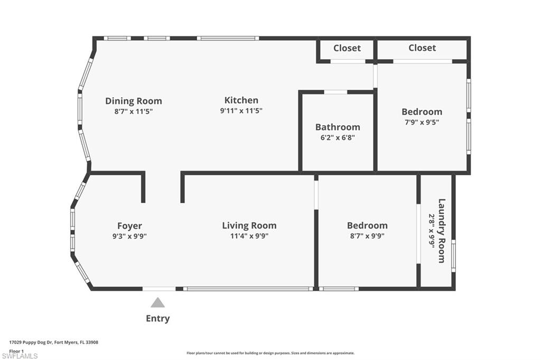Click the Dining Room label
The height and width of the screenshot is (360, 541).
pyautogui.click(x=133, y=101)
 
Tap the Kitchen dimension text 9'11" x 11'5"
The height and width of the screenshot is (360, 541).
pyautogui.click(x=241, y=111)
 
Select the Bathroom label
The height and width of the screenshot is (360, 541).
pyautogui.click(x=338, y=127)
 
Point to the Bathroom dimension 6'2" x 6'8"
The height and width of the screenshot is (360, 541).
pyautogui.click(x=338, y=137)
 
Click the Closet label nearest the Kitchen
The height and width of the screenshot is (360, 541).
pyautogui.click(x=347, y=48)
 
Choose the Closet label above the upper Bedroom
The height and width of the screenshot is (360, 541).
pyautogui.click(x=422, y=48)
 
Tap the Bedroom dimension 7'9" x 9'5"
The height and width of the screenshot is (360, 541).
pyautogui.click(x=422, y=122)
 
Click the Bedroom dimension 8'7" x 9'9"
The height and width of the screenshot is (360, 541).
pyautogui.click(x=367, y=236)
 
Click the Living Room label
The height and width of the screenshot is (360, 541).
pyautogui.click(x=249, y=225)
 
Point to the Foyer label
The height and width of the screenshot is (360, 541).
pyautogui.click(x=129, y=226)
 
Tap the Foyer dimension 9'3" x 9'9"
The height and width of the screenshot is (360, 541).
pyautogui.click(x=129, y=236)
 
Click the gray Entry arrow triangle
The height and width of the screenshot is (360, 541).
pyautogui.click(x=157, y=303)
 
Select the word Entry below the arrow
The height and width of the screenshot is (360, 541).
pyautogui.click(x=157, y=318)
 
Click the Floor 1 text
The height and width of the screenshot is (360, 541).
pyautogui.click(x=17, y=350)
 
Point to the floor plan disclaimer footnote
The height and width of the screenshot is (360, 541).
pyautogui.click(x=270, y=353)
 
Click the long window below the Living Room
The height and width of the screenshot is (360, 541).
pyautogui.click(x=248, y=289)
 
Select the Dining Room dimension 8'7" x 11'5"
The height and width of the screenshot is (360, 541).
pyautogui.click(x=133, y=111)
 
